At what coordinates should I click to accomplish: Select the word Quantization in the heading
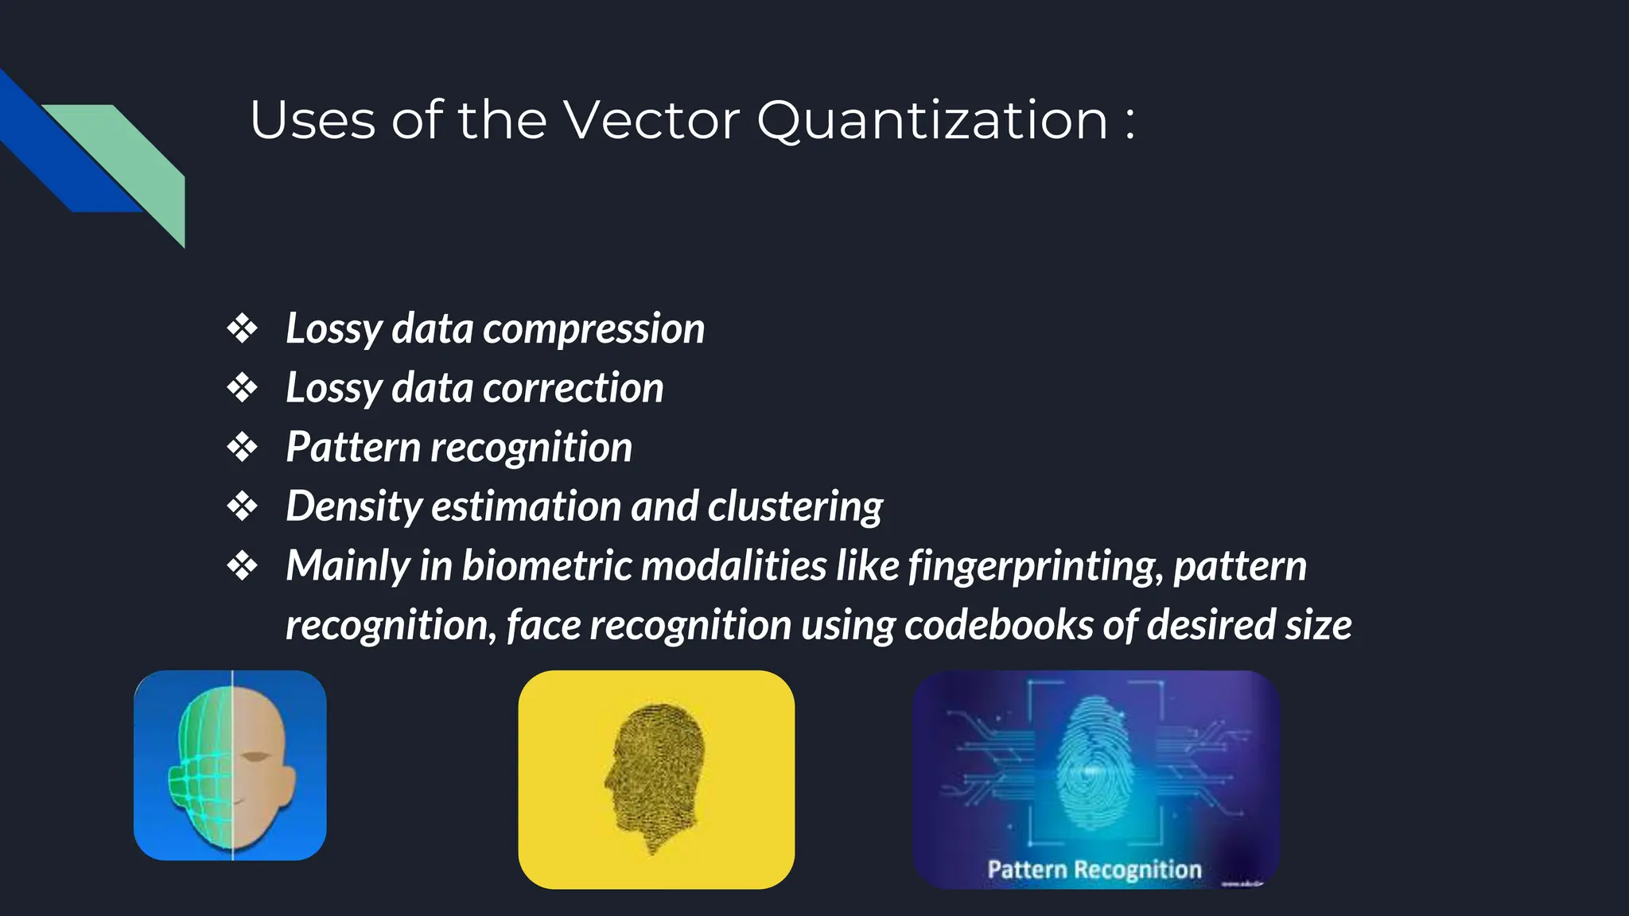pos(931,122)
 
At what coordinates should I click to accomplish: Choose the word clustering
pos(795,507)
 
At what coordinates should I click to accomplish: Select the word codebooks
pos(998,625)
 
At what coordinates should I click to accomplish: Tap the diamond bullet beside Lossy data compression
pos(242,328)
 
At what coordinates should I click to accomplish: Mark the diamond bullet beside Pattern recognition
pos(242,447)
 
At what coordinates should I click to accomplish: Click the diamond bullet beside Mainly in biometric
pos(242,566)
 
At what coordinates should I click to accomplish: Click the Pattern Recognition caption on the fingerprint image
pos(1094,869)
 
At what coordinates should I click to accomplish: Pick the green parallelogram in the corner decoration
pos(135,159)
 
